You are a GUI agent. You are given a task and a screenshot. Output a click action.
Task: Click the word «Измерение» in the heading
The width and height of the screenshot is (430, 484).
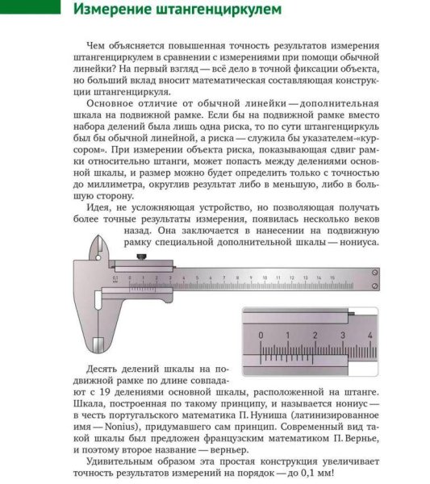pyautogui.click(x=115, y=10)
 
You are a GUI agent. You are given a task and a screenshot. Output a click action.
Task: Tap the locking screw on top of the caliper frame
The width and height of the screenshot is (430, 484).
pyautogui.click(x=141, y=257)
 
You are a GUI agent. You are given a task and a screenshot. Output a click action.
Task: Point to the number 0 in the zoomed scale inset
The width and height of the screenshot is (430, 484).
pyautogui.click(x=261, y=334)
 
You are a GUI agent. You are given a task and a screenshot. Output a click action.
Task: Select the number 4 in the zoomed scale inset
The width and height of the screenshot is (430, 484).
pyautogui.click(x=369, y=334)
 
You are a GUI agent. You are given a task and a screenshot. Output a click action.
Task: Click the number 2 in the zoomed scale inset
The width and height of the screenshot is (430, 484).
pyautogui.click(x=315, y=334)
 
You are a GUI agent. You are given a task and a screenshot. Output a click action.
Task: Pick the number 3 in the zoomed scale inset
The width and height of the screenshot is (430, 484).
pyautogui.click(x=343, y=334)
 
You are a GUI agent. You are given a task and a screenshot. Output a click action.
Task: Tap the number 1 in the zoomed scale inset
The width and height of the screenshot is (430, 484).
pyautogui.click(x=288, y=334)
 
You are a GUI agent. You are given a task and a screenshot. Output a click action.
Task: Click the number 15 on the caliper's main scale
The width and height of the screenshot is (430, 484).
pyautogui.click(x=332, y=277)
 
